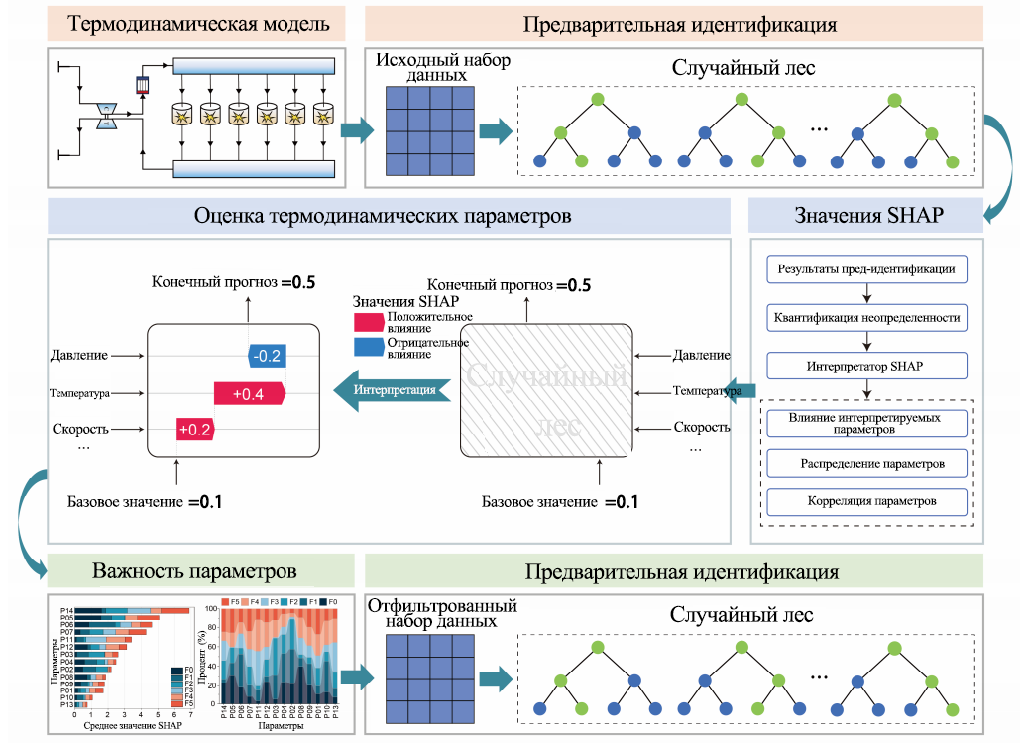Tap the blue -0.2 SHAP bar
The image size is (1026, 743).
(267, 355)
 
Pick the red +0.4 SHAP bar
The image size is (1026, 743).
(249, 394)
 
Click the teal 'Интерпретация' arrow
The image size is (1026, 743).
(393, 389)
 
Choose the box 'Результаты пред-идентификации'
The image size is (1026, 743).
(866, 268)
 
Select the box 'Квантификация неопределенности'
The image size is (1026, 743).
(866, 318)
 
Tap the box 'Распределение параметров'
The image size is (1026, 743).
(866, 463)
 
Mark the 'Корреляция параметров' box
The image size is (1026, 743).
(866, 501)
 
